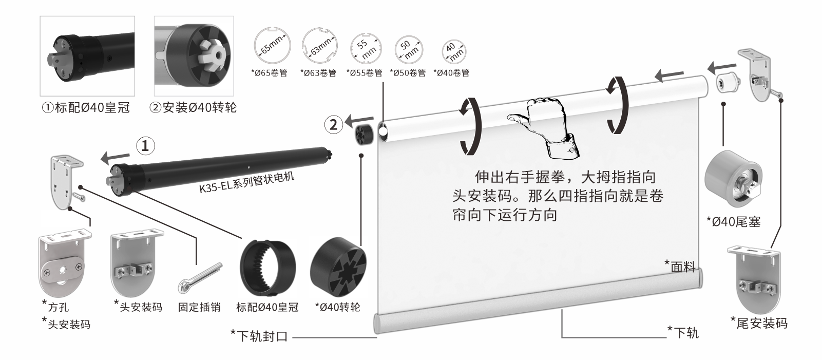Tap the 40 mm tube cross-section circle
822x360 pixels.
pos(454,50)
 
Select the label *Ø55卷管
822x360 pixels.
pos(365,73)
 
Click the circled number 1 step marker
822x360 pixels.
pos(145,146)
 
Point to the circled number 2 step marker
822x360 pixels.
pos(334,124)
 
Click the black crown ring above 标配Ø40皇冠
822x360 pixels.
pos(268,267)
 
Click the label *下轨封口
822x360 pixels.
pos(260,336)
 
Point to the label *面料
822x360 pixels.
pos(680,267)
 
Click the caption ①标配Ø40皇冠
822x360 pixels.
pos(86,108)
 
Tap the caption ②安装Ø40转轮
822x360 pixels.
pos(194,108)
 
